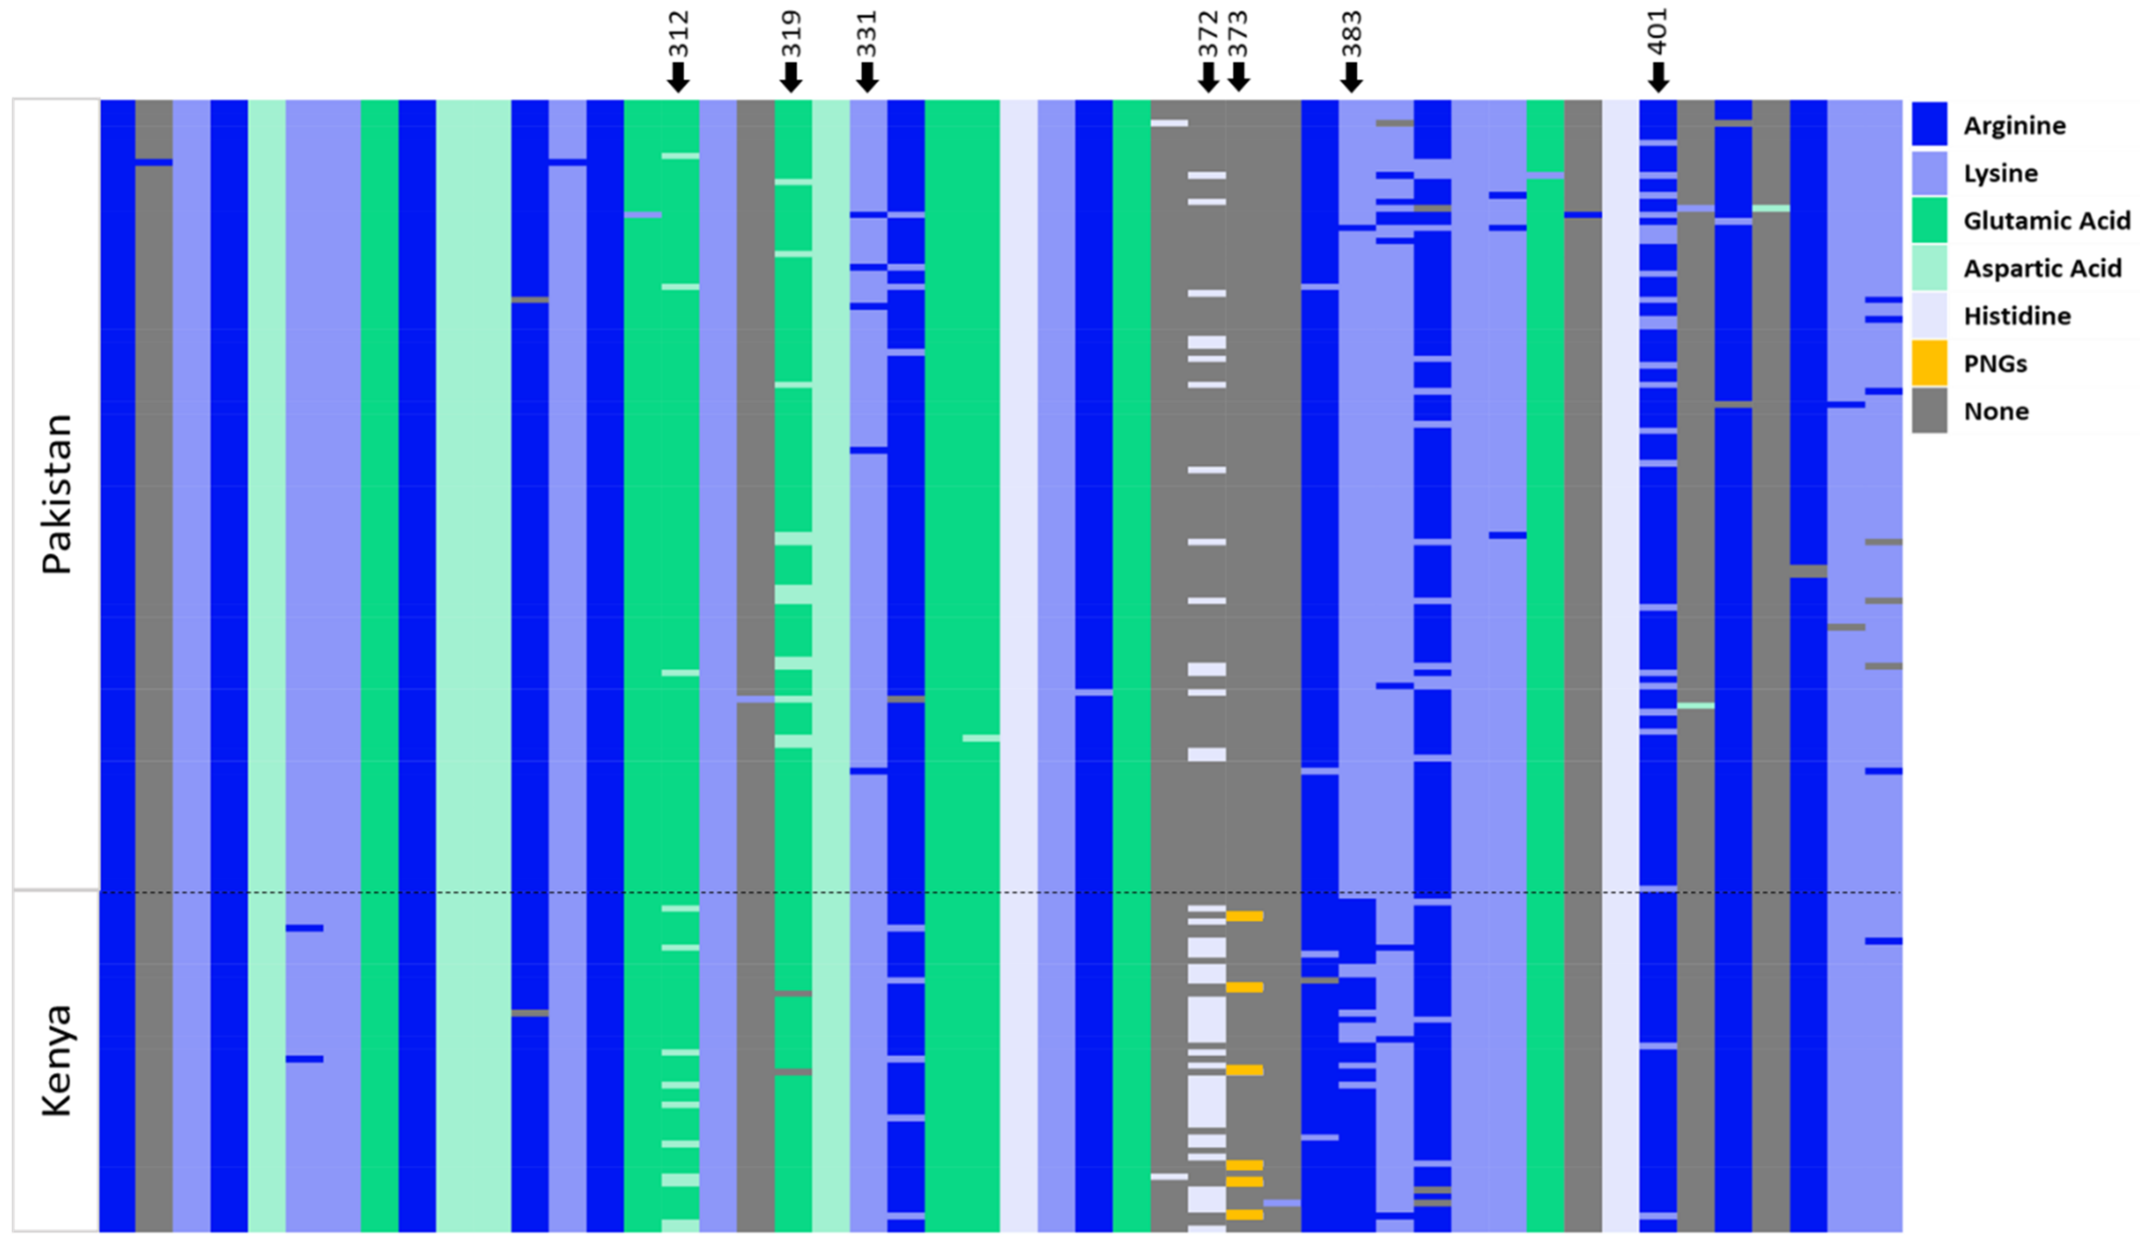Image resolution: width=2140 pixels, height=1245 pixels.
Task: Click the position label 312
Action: [x=678, y=34]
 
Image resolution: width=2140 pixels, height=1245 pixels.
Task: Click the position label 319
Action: [x=791, y=34]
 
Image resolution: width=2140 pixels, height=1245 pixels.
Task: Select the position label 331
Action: [x=866, y=34]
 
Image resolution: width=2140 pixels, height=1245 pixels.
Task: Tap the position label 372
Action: [x=1208, y=34]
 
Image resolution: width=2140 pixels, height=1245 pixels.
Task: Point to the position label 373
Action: [x=1238, y=34]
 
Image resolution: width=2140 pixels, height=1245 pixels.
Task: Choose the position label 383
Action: [x=1351, y=34]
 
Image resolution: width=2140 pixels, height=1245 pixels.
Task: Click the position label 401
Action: [x=1658, y=32]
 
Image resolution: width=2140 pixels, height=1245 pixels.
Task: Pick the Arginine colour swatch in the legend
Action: [x=1929, y=125]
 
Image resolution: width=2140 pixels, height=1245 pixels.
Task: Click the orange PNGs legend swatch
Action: [x=1929, y=364]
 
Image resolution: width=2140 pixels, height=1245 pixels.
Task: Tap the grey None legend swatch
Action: [x=1929, y=411]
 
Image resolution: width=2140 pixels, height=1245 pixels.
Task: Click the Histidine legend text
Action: [x=2017, y=316]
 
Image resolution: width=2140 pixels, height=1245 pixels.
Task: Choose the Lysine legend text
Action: [x=2000, y=173]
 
